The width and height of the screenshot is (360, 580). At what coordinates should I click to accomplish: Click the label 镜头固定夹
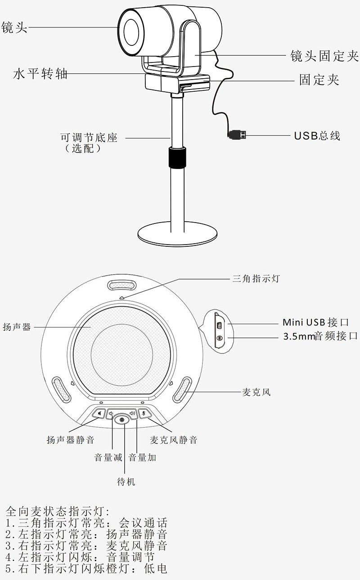point(324,56)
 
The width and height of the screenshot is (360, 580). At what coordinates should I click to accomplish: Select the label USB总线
point(317,135)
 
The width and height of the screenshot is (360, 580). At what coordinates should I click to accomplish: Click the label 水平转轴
point(40,74)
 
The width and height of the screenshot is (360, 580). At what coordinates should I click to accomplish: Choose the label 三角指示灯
point(256,279)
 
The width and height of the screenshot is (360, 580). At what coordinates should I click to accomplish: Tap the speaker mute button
point(99,413)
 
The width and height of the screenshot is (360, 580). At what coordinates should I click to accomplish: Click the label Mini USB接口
point(315,322)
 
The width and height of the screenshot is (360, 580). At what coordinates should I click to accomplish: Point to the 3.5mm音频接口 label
point(320,336)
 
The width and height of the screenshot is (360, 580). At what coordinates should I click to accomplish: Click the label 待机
point(126,482)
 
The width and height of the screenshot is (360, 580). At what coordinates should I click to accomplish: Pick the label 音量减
point(108,458)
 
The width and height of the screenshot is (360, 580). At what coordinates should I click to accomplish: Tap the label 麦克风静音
point(173,440)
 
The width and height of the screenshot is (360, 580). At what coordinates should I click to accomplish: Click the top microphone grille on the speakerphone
point(122,286)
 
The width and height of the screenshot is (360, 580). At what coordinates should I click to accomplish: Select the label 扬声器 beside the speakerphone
point(17,327)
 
